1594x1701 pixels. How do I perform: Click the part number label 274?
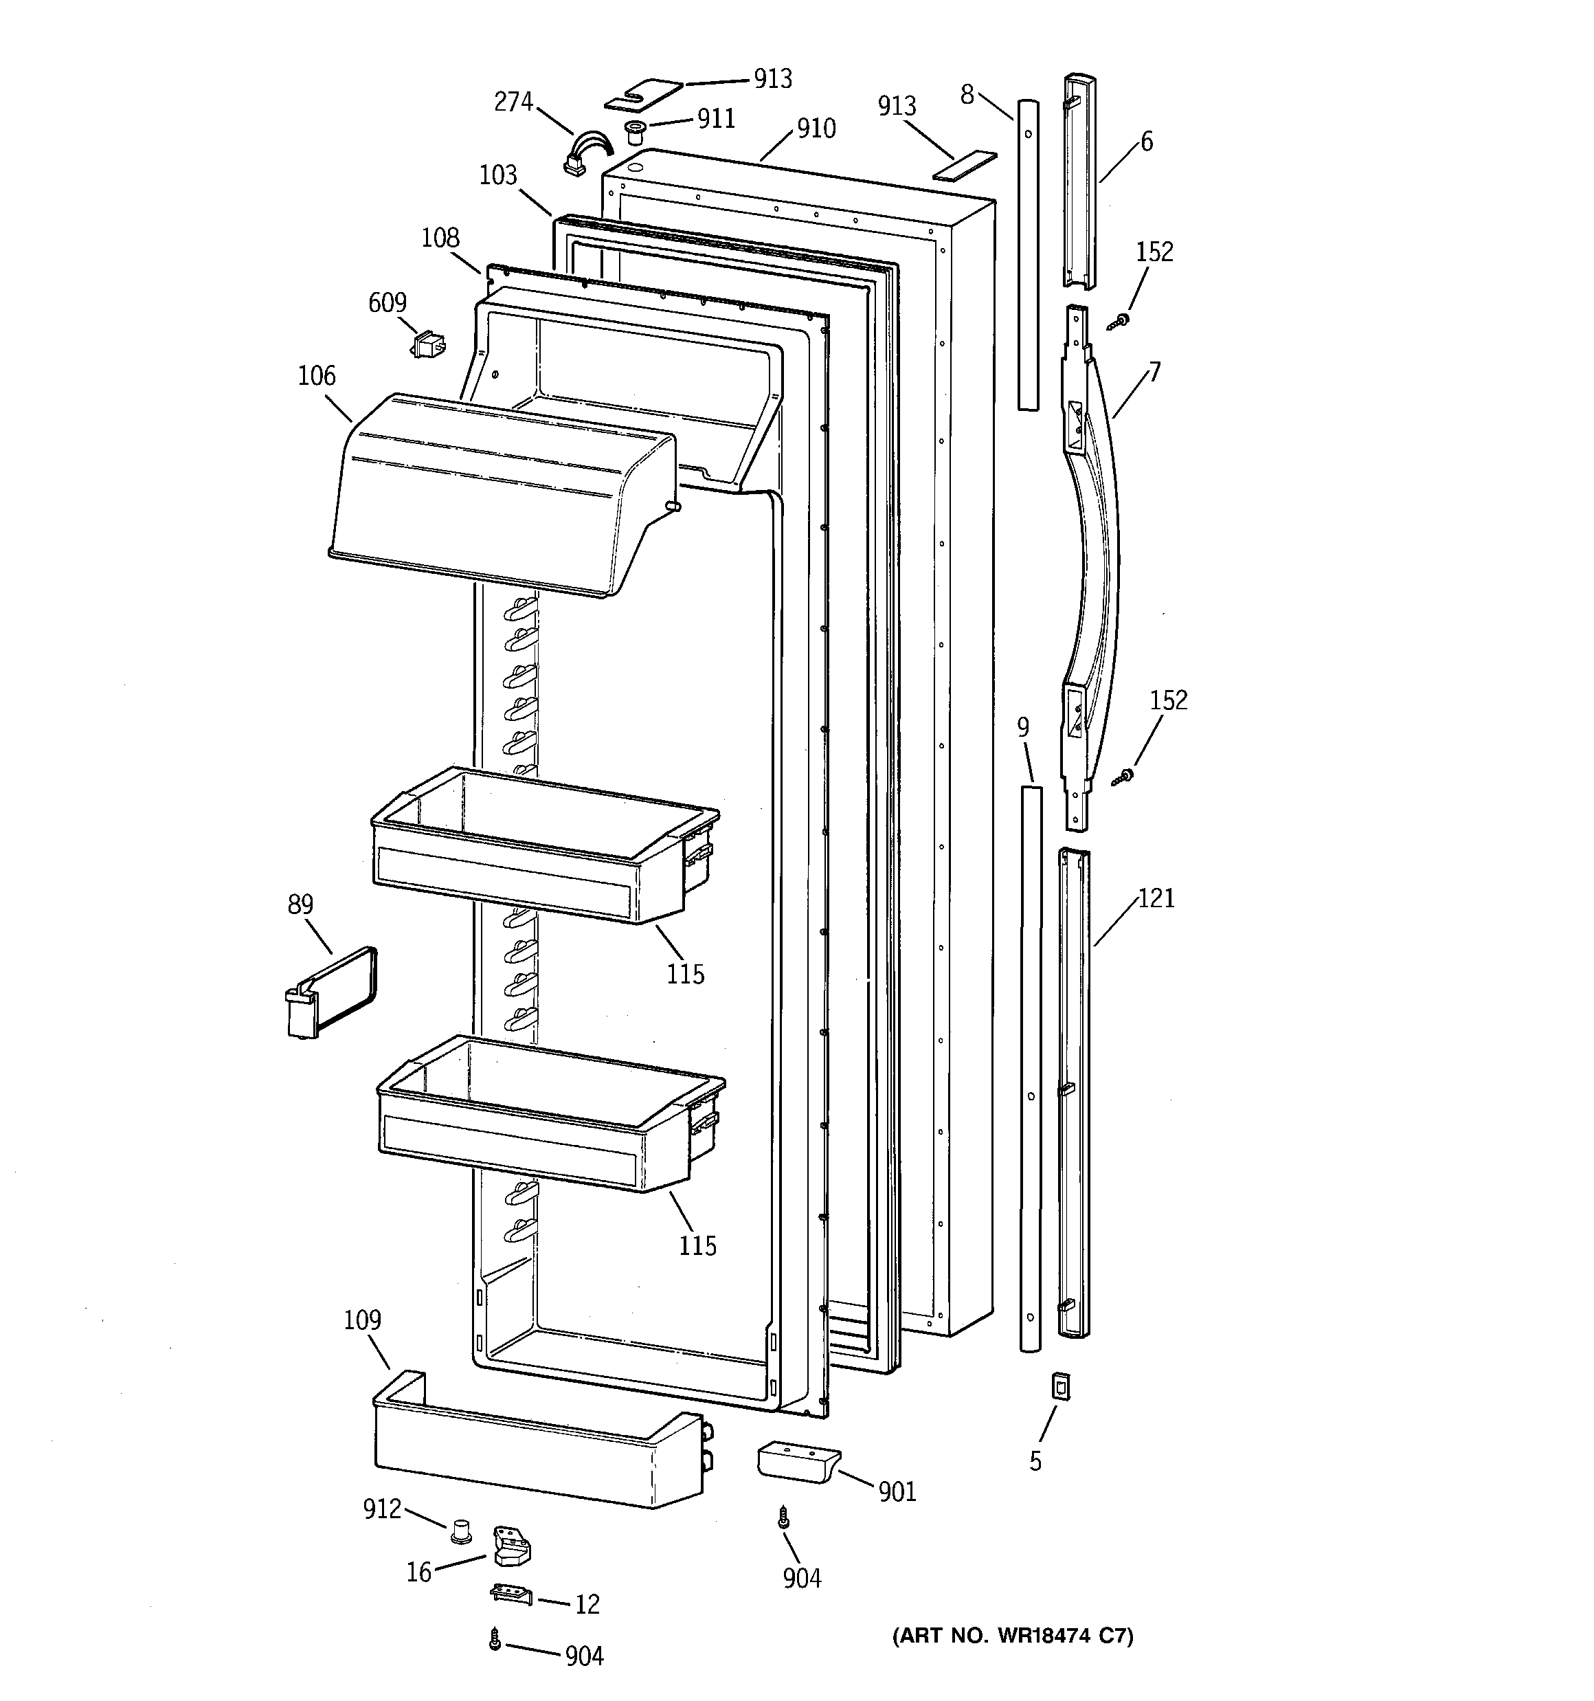(513, 102)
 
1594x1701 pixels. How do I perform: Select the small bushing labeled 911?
(635, 133)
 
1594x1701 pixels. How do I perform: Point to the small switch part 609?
(428, 346)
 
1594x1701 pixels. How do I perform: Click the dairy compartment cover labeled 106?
(501, 496)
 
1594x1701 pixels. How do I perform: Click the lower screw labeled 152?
(1123, 776)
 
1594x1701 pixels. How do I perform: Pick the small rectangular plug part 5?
(1061, 1386)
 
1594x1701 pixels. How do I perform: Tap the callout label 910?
(816, 129)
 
